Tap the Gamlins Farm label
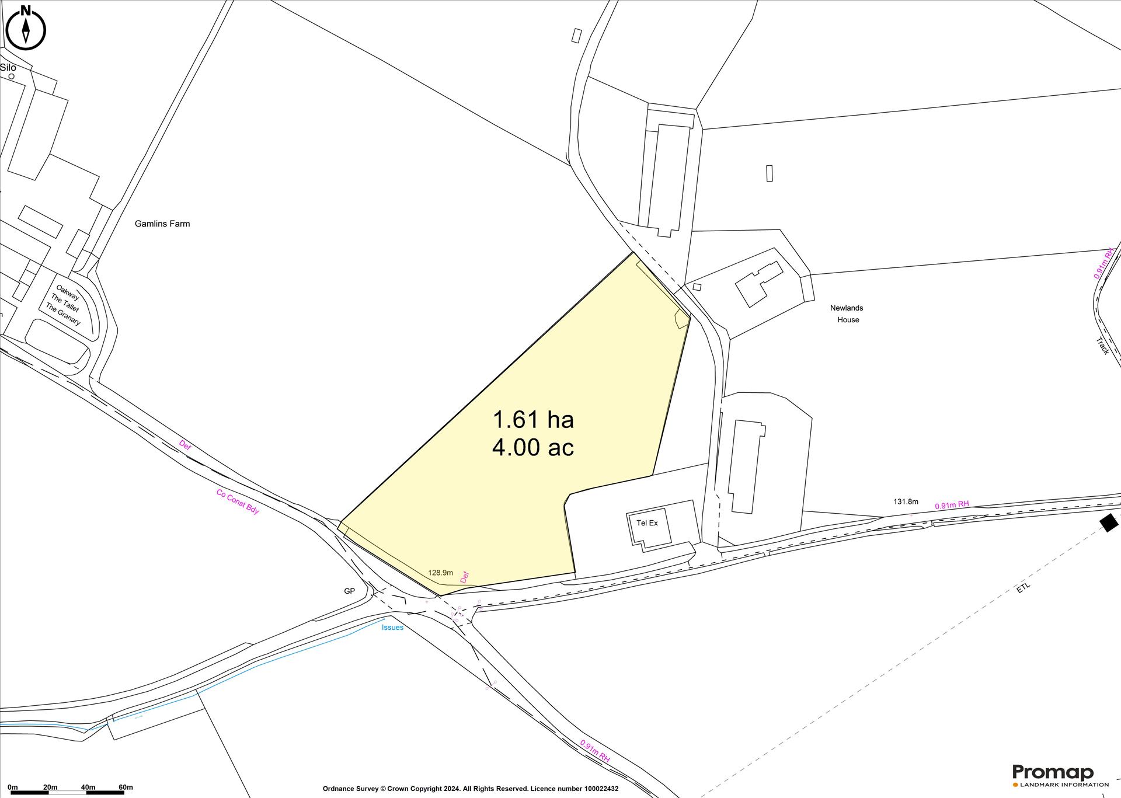pos(162,224)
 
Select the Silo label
pos(8,68)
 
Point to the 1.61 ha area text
pos(533,419)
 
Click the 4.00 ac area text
pos(533,448)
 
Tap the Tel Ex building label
pos(647,523)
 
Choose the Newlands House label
pos(847,313)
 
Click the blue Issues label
pos(392,628)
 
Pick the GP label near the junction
pos(349,591)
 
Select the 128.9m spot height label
pos(440,573)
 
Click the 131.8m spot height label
pos(906,501)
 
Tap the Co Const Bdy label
pos(238,501)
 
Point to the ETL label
pos(1023,588)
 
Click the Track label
pos(1102,346)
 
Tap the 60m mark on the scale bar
pos(125,787)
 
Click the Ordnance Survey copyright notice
pos(470,789)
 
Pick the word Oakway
pos(68,292)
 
